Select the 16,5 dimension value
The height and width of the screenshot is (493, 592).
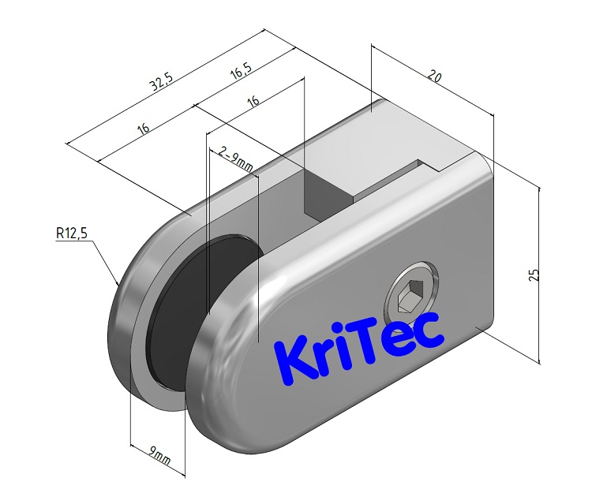point(241,73)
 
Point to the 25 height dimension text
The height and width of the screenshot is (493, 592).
point(534,275)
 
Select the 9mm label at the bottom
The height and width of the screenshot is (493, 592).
point(160,456)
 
